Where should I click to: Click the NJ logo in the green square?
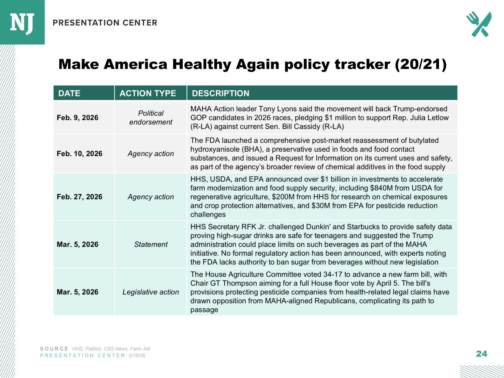[22, 22]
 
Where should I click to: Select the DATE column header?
[69, 93]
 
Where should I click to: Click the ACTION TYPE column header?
[148, 93]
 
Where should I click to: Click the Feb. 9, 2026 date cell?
[77, 118]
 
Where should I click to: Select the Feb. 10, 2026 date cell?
[79, 154]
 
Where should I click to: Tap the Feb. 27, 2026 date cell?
[79, 197]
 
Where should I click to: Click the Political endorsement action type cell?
[150, 118]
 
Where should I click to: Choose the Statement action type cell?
[150, 244]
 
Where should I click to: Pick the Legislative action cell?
[150, 292]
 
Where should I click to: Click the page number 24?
[481, 354]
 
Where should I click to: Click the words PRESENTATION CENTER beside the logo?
[105, 23]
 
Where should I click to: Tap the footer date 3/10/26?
[137, 355]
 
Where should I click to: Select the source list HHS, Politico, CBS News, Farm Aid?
[111, 349]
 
